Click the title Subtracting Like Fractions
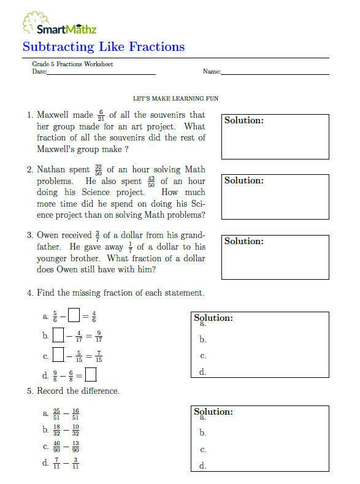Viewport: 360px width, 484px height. click(103, 47)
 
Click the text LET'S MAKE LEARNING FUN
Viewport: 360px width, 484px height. click(176, 98)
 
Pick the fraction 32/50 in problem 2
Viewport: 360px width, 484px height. click(98, 169)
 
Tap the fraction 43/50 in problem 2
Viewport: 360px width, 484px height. click(151, 182)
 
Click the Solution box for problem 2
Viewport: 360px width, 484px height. click(275, 197)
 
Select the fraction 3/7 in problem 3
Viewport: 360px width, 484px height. click(97, 236)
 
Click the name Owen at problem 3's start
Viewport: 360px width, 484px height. click(47, 236)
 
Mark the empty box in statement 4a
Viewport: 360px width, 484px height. click(74, 316)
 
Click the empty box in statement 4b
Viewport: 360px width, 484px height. click(58, 335)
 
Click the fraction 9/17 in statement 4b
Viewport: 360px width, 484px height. click(98, 336)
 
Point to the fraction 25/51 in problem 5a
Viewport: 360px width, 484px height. click(56, 413)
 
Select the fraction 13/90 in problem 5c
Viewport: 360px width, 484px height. click(75, 447)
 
